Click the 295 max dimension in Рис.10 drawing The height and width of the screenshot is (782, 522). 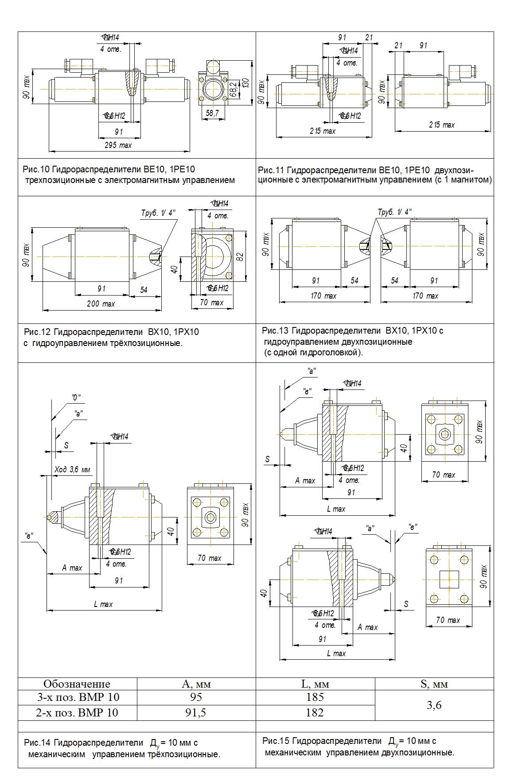[118, 145]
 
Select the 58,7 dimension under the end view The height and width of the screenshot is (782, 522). [212, 113]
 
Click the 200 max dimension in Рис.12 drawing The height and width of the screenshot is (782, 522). [101, 303]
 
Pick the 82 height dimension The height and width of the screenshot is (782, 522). [240, 257]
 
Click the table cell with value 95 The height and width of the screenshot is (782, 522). [196, 697]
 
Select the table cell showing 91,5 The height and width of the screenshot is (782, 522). [196, 712]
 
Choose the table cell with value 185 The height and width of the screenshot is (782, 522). [315, 697]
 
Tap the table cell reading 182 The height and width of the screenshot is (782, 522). [315, 712]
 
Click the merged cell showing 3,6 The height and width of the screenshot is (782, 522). [434, 705]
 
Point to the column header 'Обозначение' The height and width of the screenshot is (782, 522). [77, 684]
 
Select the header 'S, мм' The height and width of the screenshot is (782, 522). [434, 684]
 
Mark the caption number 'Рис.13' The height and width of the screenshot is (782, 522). [275, 331]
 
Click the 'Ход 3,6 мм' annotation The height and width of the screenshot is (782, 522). [72, 469]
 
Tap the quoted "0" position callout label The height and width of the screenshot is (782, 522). [76, 397]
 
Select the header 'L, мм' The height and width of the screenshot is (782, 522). [315, 684]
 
